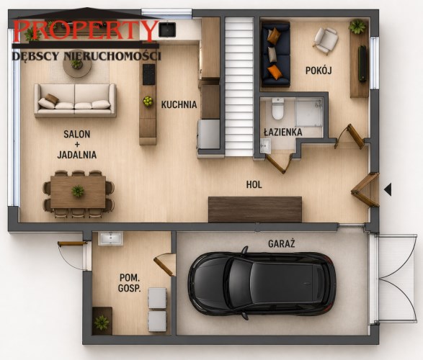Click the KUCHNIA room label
point(179,104)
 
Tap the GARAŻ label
point(281,244)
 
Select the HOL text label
point(254,184)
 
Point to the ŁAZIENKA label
point(282,132)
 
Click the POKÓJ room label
point(319,71)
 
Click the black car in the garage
point(262,283)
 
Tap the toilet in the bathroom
point(277,108)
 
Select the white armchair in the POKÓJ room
point(326,41)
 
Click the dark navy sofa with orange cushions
point(275,55)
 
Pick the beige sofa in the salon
point(75,101)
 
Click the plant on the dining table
point(78,191)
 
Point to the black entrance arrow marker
point(388,189)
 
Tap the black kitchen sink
point(167,30)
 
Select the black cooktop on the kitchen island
point(148,74)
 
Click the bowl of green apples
point(148,102)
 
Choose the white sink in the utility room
point(110,238)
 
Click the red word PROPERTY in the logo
point(86,30)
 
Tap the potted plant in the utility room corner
point(102,321)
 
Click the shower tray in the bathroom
point(309,112)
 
